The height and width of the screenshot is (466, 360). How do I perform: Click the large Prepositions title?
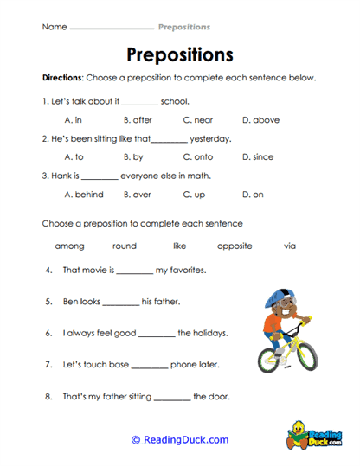pos(180,55)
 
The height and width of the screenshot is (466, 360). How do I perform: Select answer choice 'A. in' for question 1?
pos(74,120)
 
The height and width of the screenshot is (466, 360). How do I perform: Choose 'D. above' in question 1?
pos(260,120)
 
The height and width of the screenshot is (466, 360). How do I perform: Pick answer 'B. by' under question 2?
pos(133,157)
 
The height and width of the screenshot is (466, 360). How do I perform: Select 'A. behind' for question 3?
pos(84,195)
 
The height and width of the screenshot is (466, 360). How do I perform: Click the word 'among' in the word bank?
pos(70,246)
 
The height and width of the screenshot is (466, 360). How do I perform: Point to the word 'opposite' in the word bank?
pos(235,246)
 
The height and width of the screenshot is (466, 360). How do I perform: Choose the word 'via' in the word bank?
pos(290,246)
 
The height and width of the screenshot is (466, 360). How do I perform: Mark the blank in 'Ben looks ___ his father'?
pos(120,303)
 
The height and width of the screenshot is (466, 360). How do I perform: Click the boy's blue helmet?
pos(274,298)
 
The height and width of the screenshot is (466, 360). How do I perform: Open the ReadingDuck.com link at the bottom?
pos(180,440)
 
